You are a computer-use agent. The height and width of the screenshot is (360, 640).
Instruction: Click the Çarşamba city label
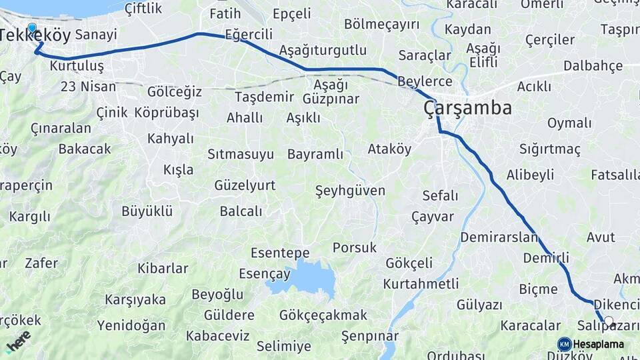pyautogui.click(x=468, y=108)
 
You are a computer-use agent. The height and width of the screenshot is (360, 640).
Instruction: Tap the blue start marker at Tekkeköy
pyautogui.click(x=32, y=28)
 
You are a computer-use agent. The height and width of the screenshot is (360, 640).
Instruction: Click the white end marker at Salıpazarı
pyautogui.click(x=608, y=321)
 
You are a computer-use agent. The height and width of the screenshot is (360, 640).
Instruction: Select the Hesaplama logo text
pyautogui.click(x=599, y=345)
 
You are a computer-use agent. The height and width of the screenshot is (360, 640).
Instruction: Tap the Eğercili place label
pyautogui.click(x=249, y=33)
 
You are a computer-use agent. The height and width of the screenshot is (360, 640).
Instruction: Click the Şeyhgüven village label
pyautogui.click(x=350, y=191)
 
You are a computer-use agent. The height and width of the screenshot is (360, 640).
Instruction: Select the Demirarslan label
pyautogui.click(x=499, y=237)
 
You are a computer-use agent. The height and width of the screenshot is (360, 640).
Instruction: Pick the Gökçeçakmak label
pyautogui.click(x=323, y=315)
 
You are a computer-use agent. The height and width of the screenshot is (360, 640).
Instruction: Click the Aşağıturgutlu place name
pyautogui.click(x=323, y=51)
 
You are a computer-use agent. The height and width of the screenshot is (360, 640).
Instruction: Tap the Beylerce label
pyautogui.click(x=425, y=82)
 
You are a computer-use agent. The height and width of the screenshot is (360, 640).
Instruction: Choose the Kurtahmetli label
pyautogui.click(x=421, y=284)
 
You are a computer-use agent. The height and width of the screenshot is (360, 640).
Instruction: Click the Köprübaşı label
pyautogui.click(x=166, y=113)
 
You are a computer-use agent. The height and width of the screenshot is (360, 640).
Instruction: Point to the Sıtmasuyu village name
pyautogui.click(x=240, y=155)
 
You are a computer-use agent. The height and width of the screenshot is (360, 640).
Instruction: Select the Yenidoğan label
pyautogui.click(x=131, y=325)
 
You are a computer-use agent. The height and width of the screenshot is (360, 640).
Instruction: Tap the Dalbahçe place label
pyautogui.click(x=593, y=66)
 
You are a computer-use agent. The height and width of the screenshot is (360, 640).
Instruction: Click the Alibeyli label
pyautogui.click(x=530, y=175)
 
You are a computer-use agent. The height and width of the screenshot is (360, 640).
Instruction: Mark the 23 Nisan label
pyautogui.click(x=88, y=87)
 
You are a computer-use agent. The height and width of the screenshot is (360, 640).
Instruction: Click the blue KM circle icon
pyautogui.click(x=564, y=344)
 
